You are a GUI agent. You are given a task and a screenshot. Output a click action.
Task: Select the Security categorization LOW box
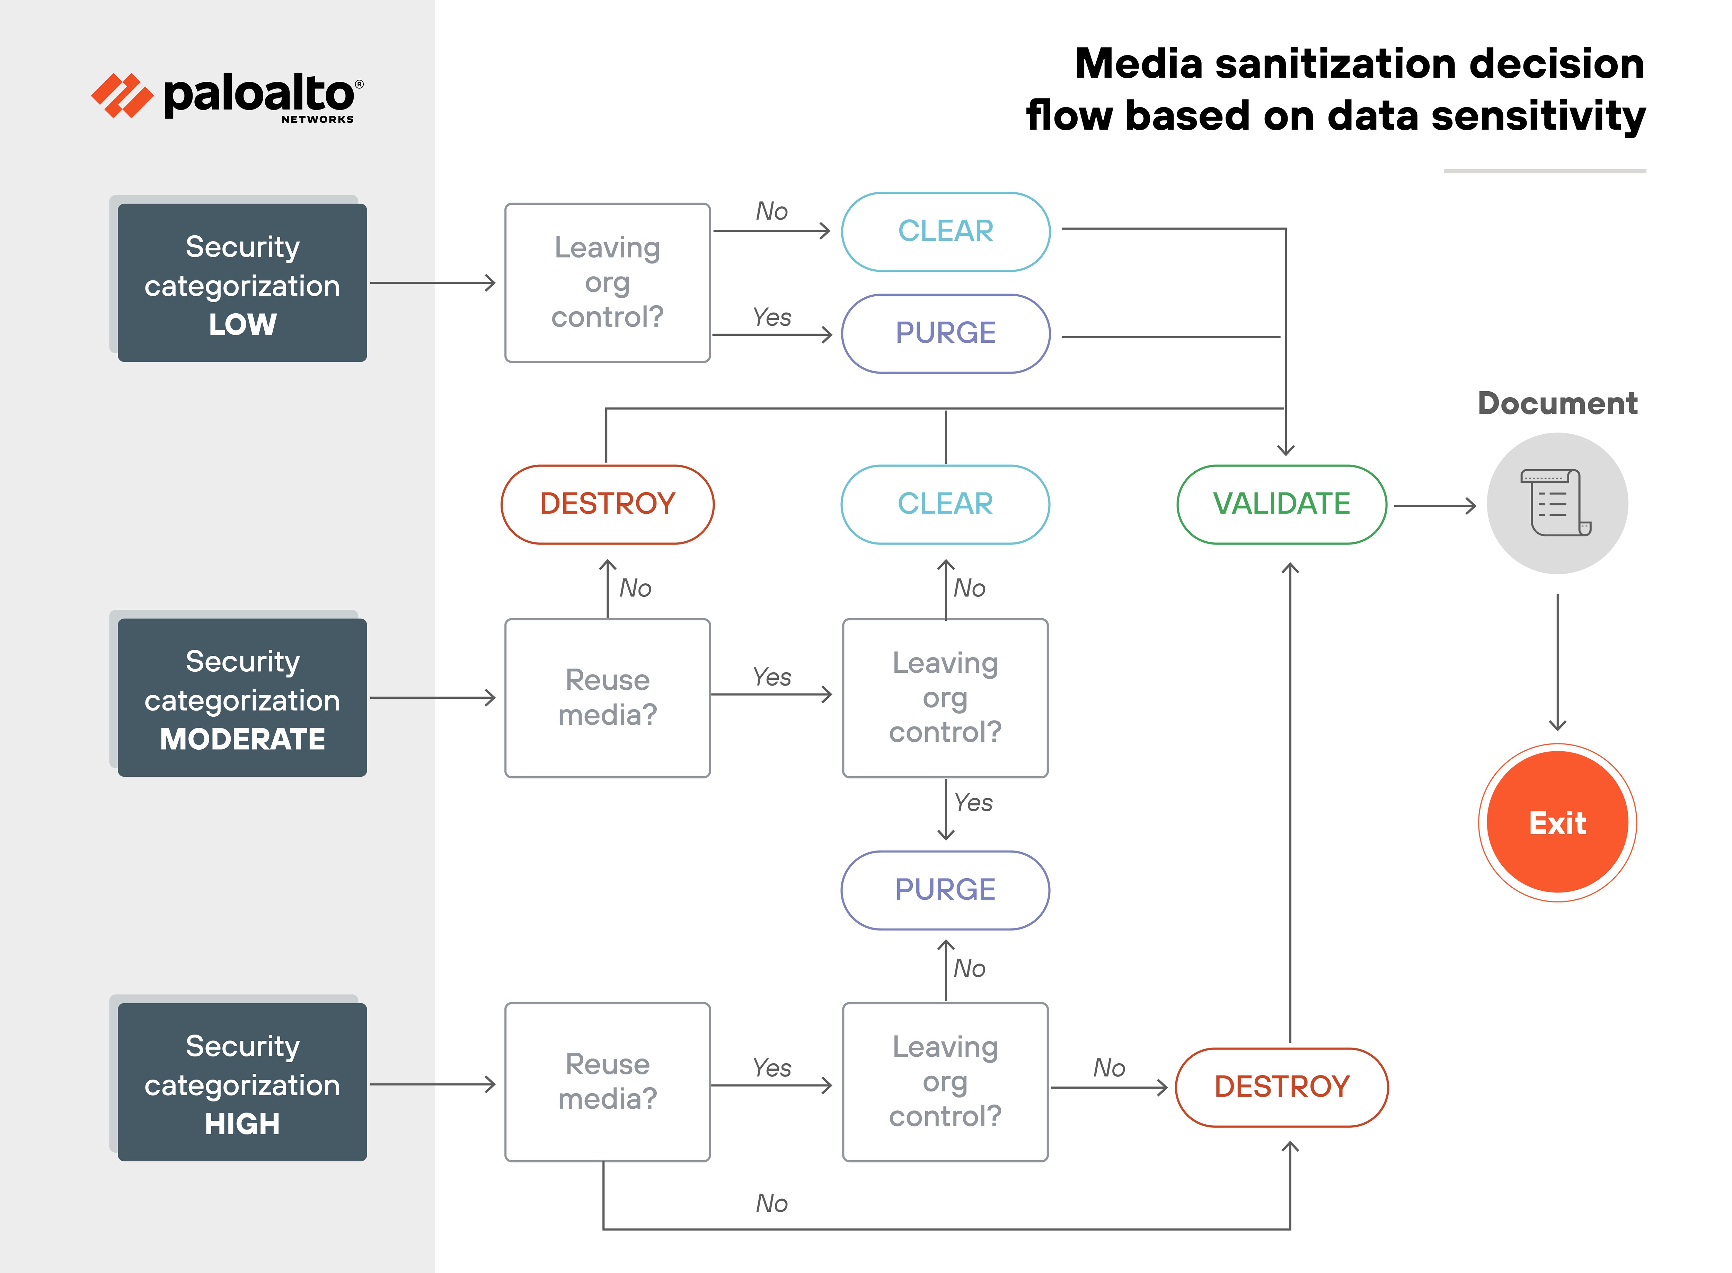coord(242,283)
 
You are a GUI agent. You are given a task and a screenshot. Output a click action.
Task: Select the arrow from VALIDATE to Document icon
coord(1434,506)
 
